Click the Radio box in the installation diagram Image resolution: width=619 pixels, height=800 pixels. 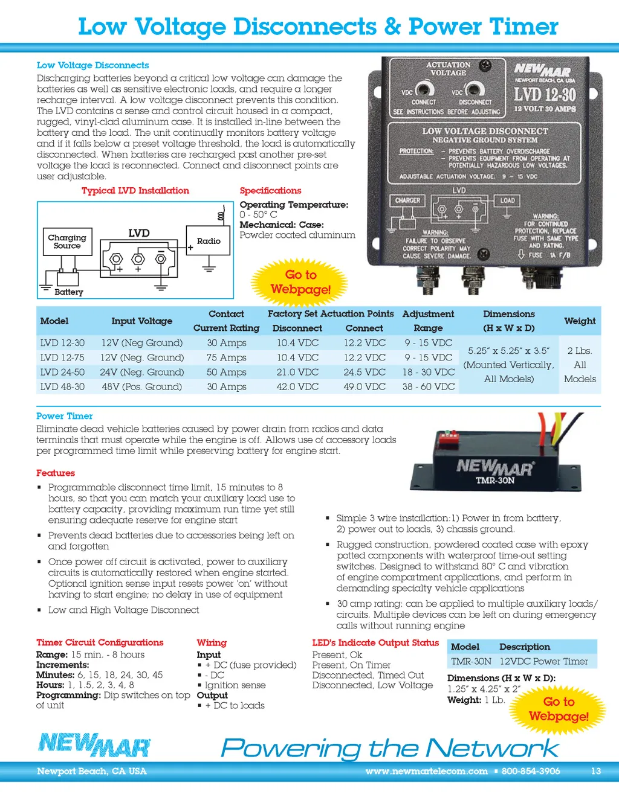[209, 241]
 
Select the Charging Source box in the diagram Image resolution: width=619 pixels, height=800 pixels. [67, 242]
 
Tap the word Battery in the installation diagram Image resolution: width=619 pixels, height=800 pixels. [69, 292]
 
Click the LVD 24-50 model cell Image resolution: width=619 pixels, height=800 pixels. [62, 372]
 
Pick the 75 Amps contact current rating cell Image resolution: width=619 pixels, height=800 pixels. [227, 357]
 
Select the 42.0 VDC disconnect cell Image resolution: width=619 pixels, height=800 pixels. [297, 386]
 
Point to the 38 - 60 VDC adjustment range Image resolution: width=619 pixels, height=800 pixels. [429, 386]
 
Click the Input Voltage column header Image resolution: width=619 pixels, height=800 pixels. [141, 321]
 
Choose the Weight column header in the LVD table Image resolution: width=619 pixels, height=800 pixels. [580, 321]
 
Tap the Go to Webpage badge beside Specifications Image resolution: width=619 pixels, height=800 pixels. [300, 282]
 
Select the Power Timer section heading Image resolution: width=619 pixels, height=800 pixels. [65, 416]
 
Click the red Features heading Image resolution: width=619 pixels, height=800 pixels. [56, 473]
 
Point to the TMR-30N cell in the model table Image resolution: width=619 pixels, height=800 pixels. [471, 661]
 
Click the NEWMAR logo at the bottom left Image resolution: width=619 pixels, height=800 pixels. [94, 744]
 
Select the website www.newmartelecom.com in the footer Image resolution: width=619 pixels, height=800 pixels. [426, 771]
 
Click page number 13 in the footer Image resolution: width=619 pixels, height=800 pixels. [595, 771]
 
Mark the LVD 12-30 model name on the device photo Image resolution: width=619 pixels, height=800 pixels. [545, 95]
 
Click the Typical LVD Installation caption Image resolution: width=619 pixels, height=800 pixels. [135, 191]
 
